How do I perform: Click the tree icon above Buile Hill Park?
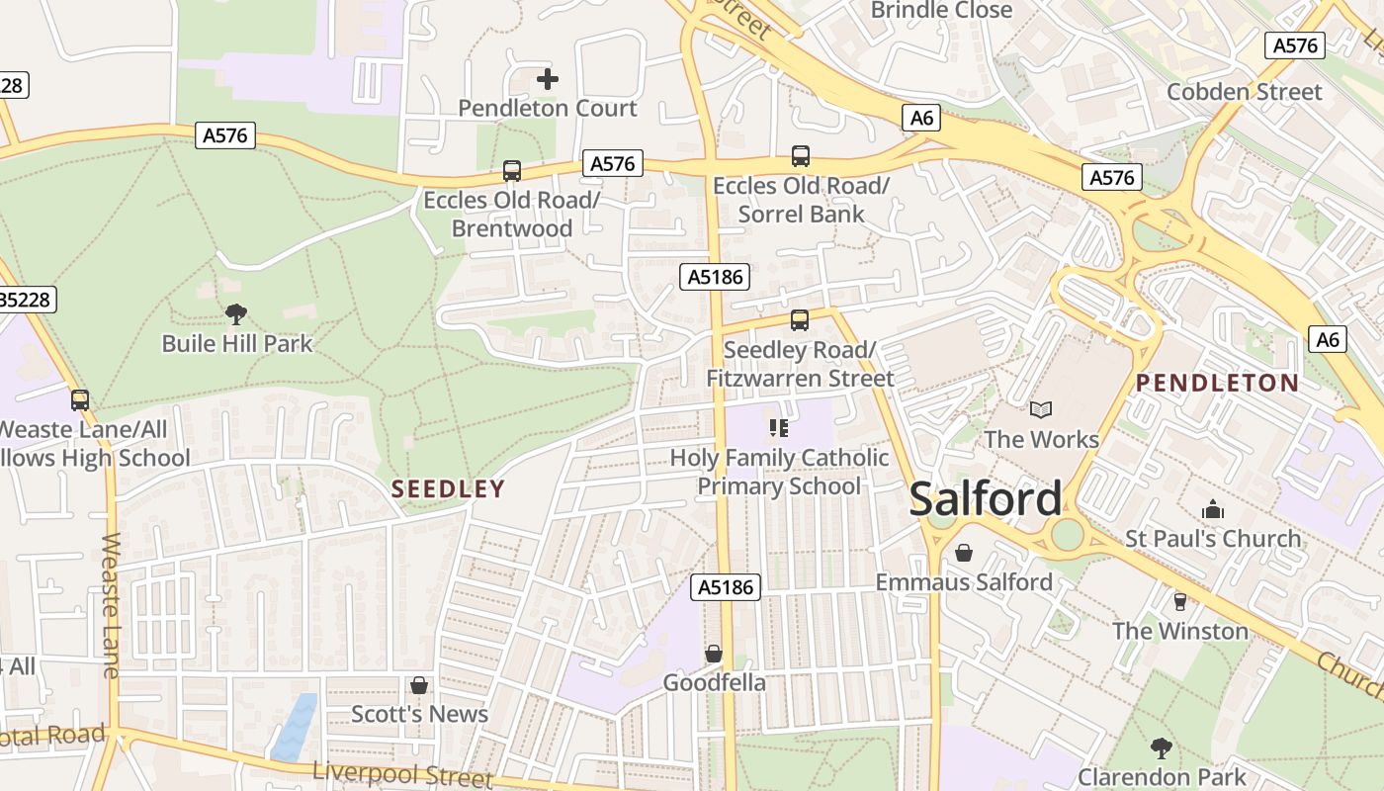pyautogui.click(x=235, y=314)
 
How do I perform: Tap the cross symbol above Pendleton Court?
pyautogui.click(x=548, y=79)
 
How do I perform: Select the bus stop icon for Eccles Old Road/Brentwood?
pyautogui.click(x=511, y=171)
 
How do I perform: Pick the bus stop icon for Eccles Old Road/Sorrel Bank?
pyautogui.click(x=801, y=156)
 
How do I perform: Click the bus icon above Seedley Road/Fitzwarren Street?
pyautogui.click(x=799, y=320)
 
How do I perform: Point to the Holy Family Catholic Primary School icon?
pyautogui.click(x=779, y=428)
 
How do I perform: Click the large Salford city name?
pyautogui.click(x=985, y=498)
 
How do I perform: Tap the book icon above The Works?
pyautogui.click(x=1040, y=409)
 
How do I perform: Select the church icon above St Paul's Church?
pyautogui.click(x=1213, y=510)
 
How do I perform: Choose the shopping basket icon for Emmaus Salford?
pyautogui.click(x=963, y=553)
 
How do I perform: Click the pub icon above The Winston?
pyautogui.click(x=1179, y=601)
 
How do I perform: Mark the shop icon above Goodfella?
pyautogui.click(x=713, y=654)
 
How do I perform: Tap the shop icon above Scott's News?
pyautogui.click(x=419, y=685)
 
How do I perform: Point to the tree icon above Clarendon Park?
pyautogui.click(x=1162, y=747)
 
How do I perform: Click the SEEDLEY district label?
pyautogui.click(x=448, y=488)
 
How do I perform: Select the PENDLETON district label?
pyautogui.click(x=1217, y=383)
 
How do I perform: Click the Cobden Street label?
pyautogui.click(x=1244, y=92)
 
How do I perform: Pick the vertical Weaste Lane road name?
pyautogui.click(x=110, y=605)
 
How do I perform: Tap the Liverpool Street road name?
pyautogui.click(x=401, y=774)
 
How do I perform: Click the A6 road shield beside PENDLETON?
pyautogui.click(x=1327, y=339)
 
